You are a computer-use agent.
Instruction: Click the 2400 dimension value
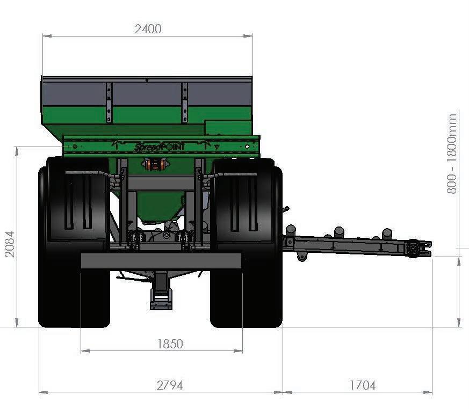coord(148,29)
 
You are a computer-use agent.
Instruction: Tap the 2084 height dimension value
coord(10,244)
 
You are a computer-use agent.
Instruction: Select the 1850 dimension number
coord(170,344)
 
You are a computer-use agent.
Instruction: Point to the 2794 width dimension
coord(170,385)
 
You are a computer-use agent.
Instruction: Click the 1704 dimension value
coord(363,385)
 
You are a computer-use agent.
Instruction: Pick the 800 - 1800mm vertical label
coord(452,154)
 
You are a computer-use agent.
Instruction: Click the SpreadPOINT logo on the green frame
coord(160,147)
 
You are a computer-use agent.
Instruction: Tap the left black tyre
coord(74,242)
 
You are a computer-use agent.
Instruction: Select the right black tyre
coord(246,243)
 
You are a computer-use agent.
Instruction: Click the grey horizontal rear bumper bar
coord(161,261)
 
